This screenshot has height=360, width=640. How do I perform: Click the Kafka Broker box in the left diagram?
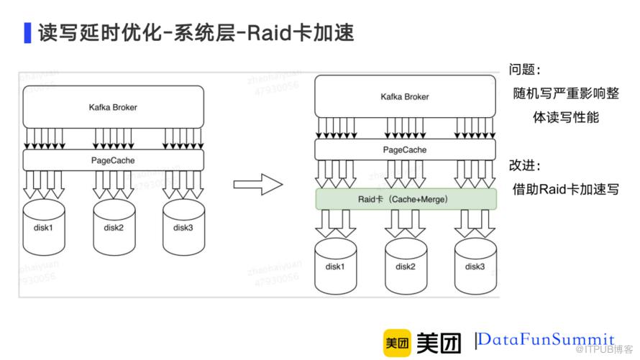coord(114,107)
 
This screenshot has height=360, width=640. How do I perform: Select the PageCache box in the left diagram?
coord(114,160)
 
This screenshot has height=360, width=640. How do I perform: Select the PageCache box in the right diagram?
coord(406,150)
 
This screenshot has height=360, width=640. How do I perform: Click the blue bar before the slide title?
coord(27,33)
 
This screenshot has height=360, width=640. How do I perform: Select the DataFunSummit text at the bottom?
coord(547,339)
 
